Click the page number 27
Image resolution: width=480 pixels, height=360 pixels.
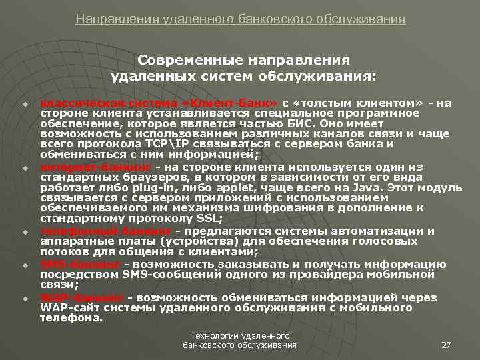(447, 345)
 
